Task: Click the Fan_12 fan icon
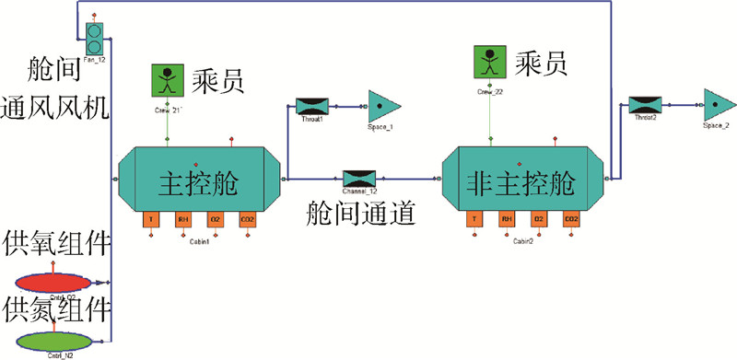point(94,38)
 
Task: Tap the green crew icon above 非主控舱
point(490,63)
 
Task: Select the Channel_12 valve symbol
point(357,177)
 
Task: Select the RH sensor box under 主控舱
point(182,220)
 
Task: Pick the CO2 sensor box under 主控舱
point(247,220)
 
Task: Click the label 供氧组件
point(58,246)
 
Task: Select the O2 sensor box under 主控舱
point(215,220)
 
